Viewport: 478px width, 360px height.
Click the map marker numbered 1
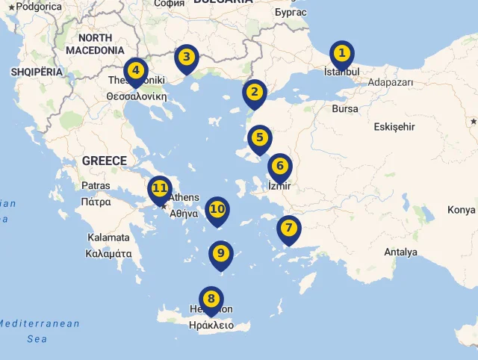tap(341, 54)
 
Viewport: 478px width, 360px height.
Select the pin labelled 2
tap(255, 93)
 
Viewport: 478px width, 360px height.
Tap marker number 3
tap(186, 57)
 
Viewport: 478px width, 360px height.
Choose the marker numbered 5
tap(259, 137)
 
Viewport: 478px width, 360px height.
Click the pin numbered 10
tap(217, 209)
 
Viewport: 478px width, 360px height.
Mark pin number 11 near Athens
tap(159, 188)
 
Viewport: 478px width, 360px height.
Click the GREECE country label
tap(104, 161)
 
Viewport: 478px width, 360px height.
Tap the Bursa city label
tap(345, 109)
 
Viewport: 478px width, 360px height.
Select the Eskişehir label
tap(394, 127)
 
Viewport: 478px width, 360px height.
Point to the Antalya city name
tap(400, 252)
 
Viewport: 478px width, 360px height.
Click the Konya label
tap(461, 210)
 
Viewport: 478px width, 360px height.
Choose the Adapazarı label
tap(391, 83)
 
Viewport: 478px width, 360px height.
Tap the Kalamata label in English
tap(108, 238)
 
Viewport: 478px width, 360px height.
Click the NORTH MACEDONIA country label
tap(95, 44)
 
